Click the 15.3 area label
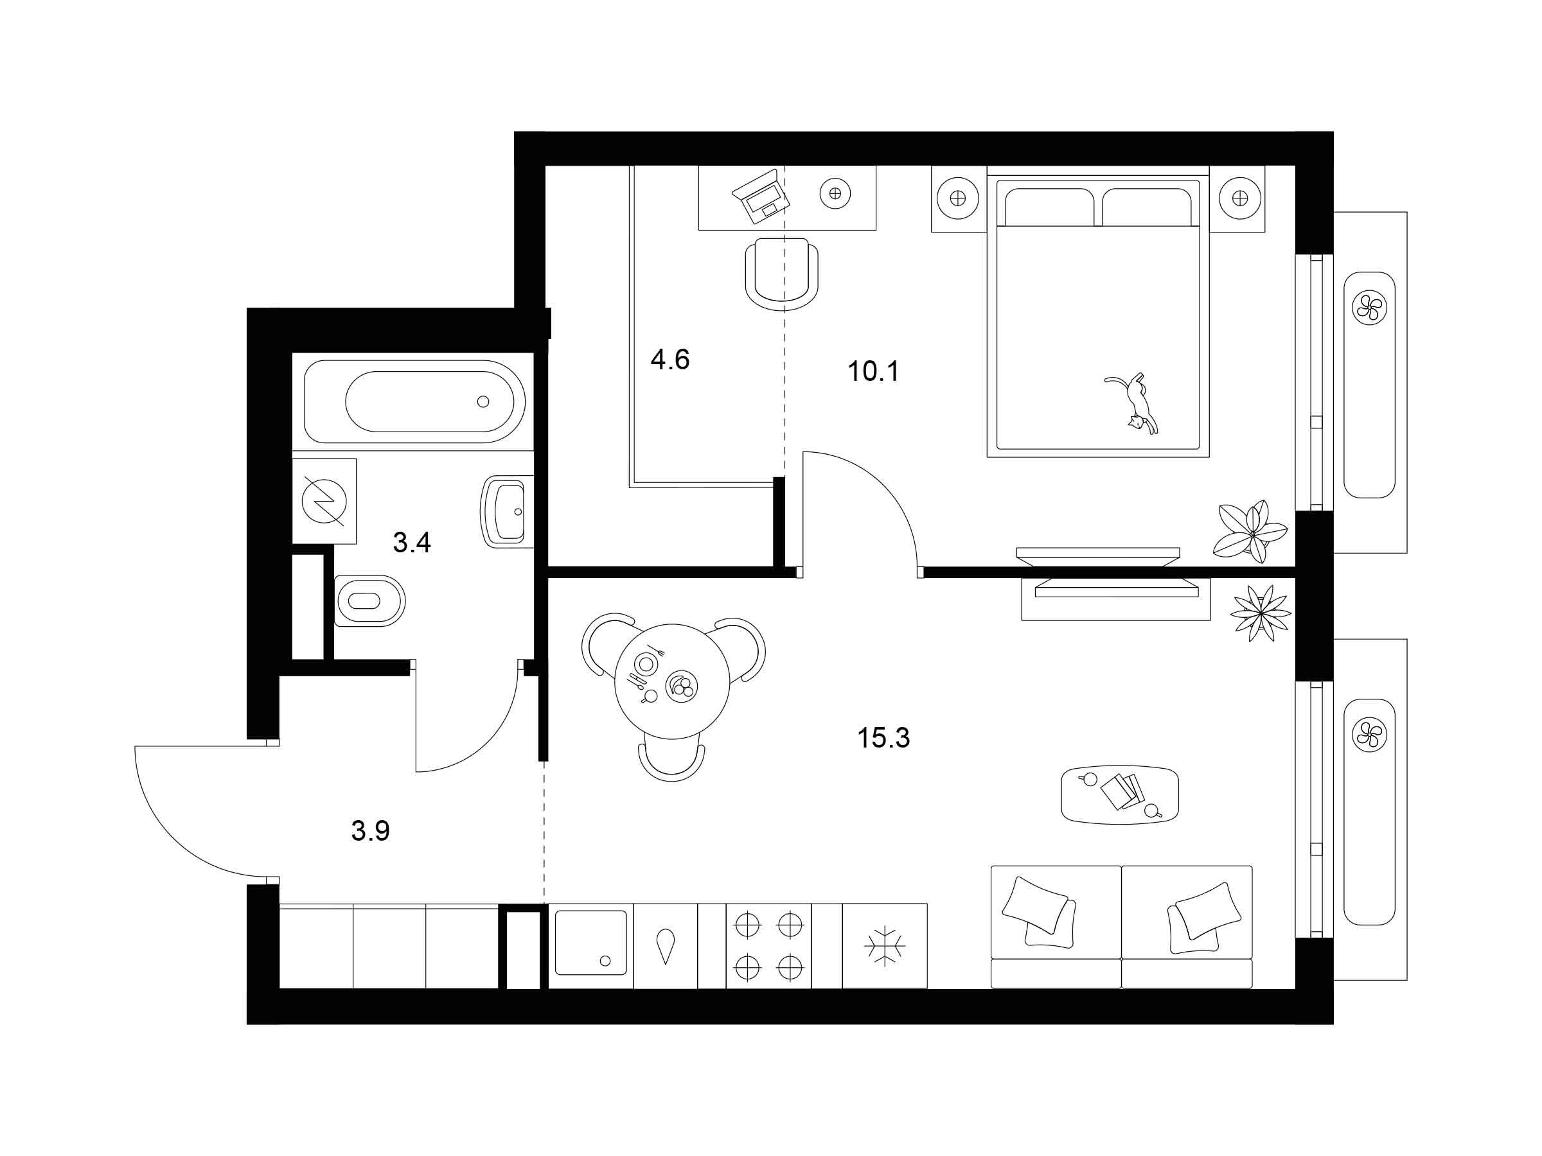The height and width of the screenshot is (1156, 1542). [x=883, y=737]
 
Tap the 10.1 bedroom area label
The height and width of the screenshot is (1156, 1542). [x=873, y=371]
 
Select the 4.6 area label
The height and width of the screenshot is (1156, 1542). [x=670, y=360]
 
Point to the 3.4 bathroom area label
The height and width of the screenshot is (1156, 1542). [x=412, y=542]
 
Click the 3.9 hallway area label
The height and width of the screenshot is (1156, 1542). [x=370, y=830]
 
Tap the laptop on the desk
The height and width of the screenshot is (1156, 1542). [x=761, y=197]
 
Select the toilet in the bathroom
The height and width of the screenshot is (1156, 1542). [x=370, y=600]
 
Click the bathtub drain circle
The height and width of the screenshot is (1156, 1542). [x=483, y=401]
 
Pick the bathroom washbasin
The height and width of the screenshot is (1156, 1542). [x=507, y=511]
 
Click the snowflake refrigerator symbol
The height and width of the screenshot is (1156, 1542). [x=885, y=945]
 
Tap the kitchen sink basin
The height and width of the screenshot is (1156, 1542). [x=590, y=942]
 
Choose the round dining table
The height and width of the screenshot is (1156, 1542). [x=672, y=681]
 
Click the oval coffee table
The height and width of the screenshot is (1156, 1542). [x=1119, y=794]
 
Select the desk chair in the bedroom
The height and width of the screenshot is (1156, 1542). [x=781, y=274]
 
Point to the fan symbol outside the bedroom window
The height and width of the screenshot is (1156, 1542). [x=1369, y=306]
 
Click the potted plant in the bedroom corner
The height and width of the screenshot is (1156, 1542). [x=1250, y=531]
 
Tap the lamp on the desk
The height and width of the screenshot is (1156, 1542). [x=835, y=193]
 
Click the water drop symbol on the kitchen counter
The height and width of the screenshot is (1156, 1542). [x=666, y=946]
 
